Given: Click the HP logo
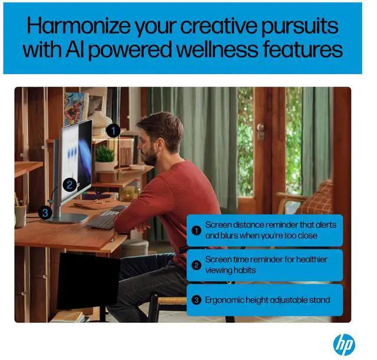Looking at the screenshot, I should [x=344, y=343].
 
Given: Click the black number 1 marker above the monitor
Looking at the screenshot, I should [x=114, y=130].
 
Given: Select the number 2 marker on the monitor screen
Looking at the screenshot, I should [x=69, y=184].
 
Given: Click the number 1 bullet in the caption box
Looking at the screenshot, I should [x=196, y=230].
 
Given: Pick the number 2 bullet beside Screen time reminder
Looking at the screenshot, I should [x=196, y=265].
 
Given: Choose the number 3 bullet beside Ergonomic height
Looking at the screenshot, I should [x=196, y=299].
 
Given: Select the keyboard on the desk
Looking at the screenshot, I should [x=103, y=220].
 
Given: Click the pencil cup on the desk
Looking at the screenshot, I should [x=20, y=215].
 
